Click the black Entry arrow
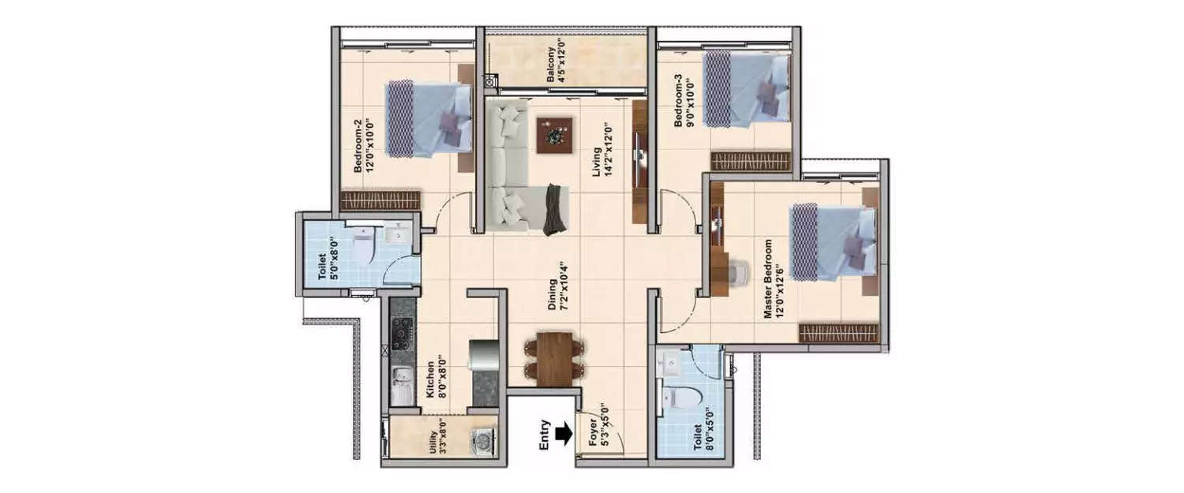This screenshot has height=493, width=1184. point(562,434)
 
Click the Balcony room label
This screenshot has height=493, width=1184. point(556,60)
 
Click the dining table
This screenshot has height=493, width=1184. point(556,359)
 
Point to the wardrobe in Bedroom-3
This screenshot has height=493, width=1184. point(750,162)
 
